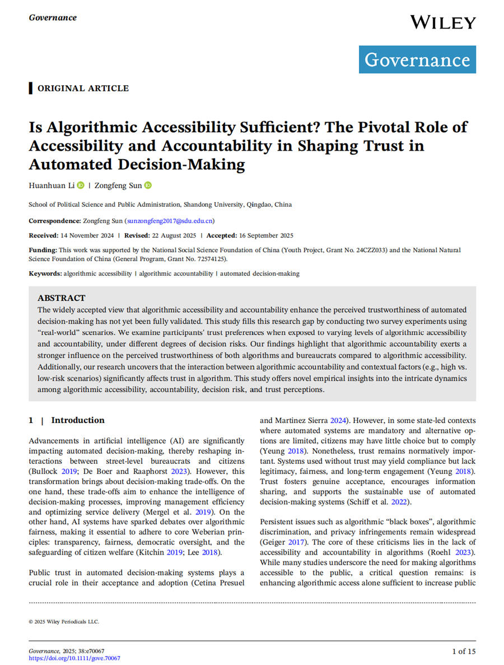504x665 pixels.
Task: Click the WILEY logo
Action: coord(442,23)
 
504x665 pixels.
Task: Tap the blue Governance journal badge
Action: coord(417,59)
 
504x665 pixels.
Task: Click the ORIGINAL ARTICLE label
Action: coord(83,89)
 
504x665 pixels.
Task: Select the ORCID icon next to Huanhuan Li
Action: coord(80,185)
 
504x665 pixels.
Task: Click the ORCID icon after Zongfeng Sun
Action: coord(148,185)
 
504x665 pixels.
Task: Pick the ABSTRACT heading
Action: coord(62,299)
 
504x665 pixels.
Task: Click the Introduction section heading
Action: coord(78,420)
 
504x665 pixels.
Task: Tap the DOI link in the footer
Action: coord(74,658)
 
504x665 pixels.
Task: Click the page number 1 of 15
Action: coord(464,651)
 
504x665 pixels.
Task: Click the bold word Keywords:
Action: coord(45,273)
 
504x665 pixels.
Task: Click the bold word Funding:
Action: coord(43,250)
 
